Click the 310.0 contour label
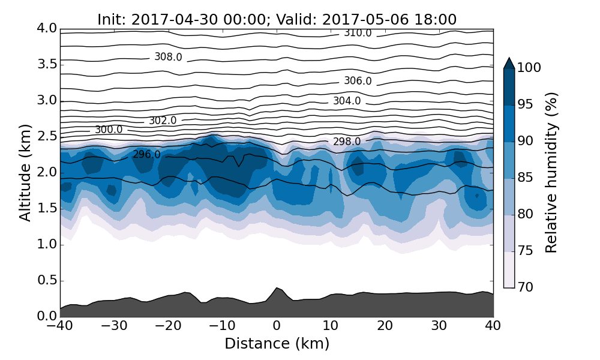(358, 33)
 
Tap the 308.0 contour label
(168, 57)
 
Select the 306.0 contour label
(358, 81)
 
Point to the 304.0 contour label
(347, 101)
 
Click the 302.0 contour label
(163, 121)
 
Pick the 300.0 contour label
(109, 130)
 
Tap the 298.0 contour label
(347, 142)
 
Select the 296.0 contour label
(146, 154)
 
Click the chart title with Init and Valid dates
(277, 20)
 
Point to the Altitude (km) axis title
(25, 173)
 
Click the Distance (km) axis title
(277, 344)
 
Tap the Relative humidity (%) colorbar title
(551, 173)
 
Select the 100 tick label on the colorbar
(529, 68)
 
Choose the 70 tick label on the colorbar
(525, 287)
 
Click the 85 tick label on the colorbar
(525, 178)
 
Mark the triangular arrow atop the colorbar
(509, 63)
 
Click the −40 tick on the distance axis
(60, 326)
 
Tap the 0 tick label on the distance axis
(277, 326)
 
